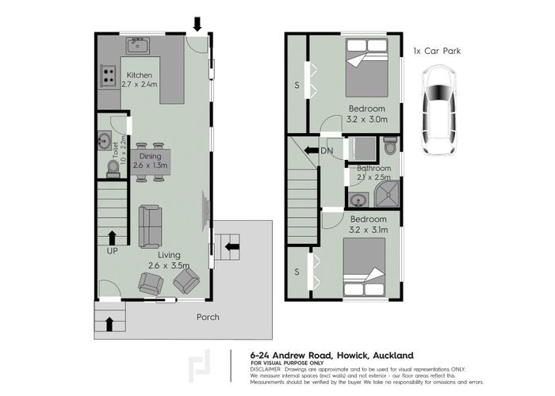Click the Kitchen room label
139,76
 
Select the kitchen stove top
107,77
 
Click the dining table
150,162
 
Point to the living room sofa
150,226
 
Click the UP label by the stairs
112,251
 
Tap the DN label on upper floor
327,150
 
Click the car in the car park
438,109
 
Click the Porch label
208,317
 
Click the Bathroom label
373,169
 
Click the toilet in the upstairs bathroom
390,147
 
